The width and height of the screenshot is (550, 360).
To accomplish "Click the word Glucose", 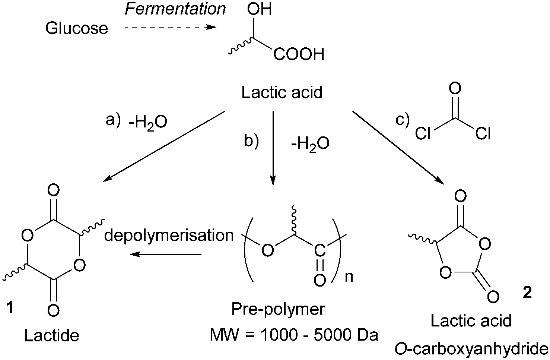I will tap(76, 28).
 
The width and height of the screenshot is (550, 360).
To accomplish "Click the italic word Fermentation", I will tap(175, 9).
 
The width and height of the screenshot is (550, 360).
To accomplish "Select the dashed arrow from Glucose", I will tap(169, 27).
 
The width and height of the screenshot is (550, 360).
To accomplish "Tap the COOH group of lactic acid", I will tap(299, 55).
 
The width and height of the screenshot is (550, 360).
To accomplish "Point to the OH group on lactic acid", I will tap(260, 9).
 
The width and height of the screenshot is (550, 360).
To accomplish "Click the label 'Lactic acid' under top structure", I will tap(282, 92).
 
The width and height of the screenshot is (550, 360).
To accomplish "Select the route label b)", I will tap(251, 142).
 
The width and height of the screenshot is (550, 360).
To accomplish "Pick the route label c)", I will tap(402, 120).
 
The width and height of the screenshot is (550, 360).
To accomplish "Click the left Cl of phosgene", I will tap(423, 133).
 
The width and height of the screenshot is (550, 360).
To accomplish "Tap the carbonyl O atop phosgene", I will tap(455, 89).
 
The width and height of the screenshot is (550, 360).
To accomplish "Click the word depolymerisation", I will tap(169, 236).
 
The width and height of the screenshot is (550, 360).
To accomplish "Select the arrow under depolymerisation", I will tap(166, 255).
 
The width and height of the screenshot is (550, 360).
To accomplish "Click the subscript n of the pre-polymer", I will tap(349, 277).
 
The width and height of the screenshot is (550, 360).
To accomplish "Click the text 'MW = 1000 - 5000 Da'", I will tap(294, 335).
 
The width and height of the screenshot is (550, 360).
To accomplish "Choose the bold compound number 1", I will tap(11, 308).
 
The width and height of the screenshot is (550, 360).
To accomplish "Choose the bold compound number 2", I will tap(527, 293).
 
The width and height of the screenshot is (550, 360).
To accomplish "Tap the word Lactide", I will tap(51, 336).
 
